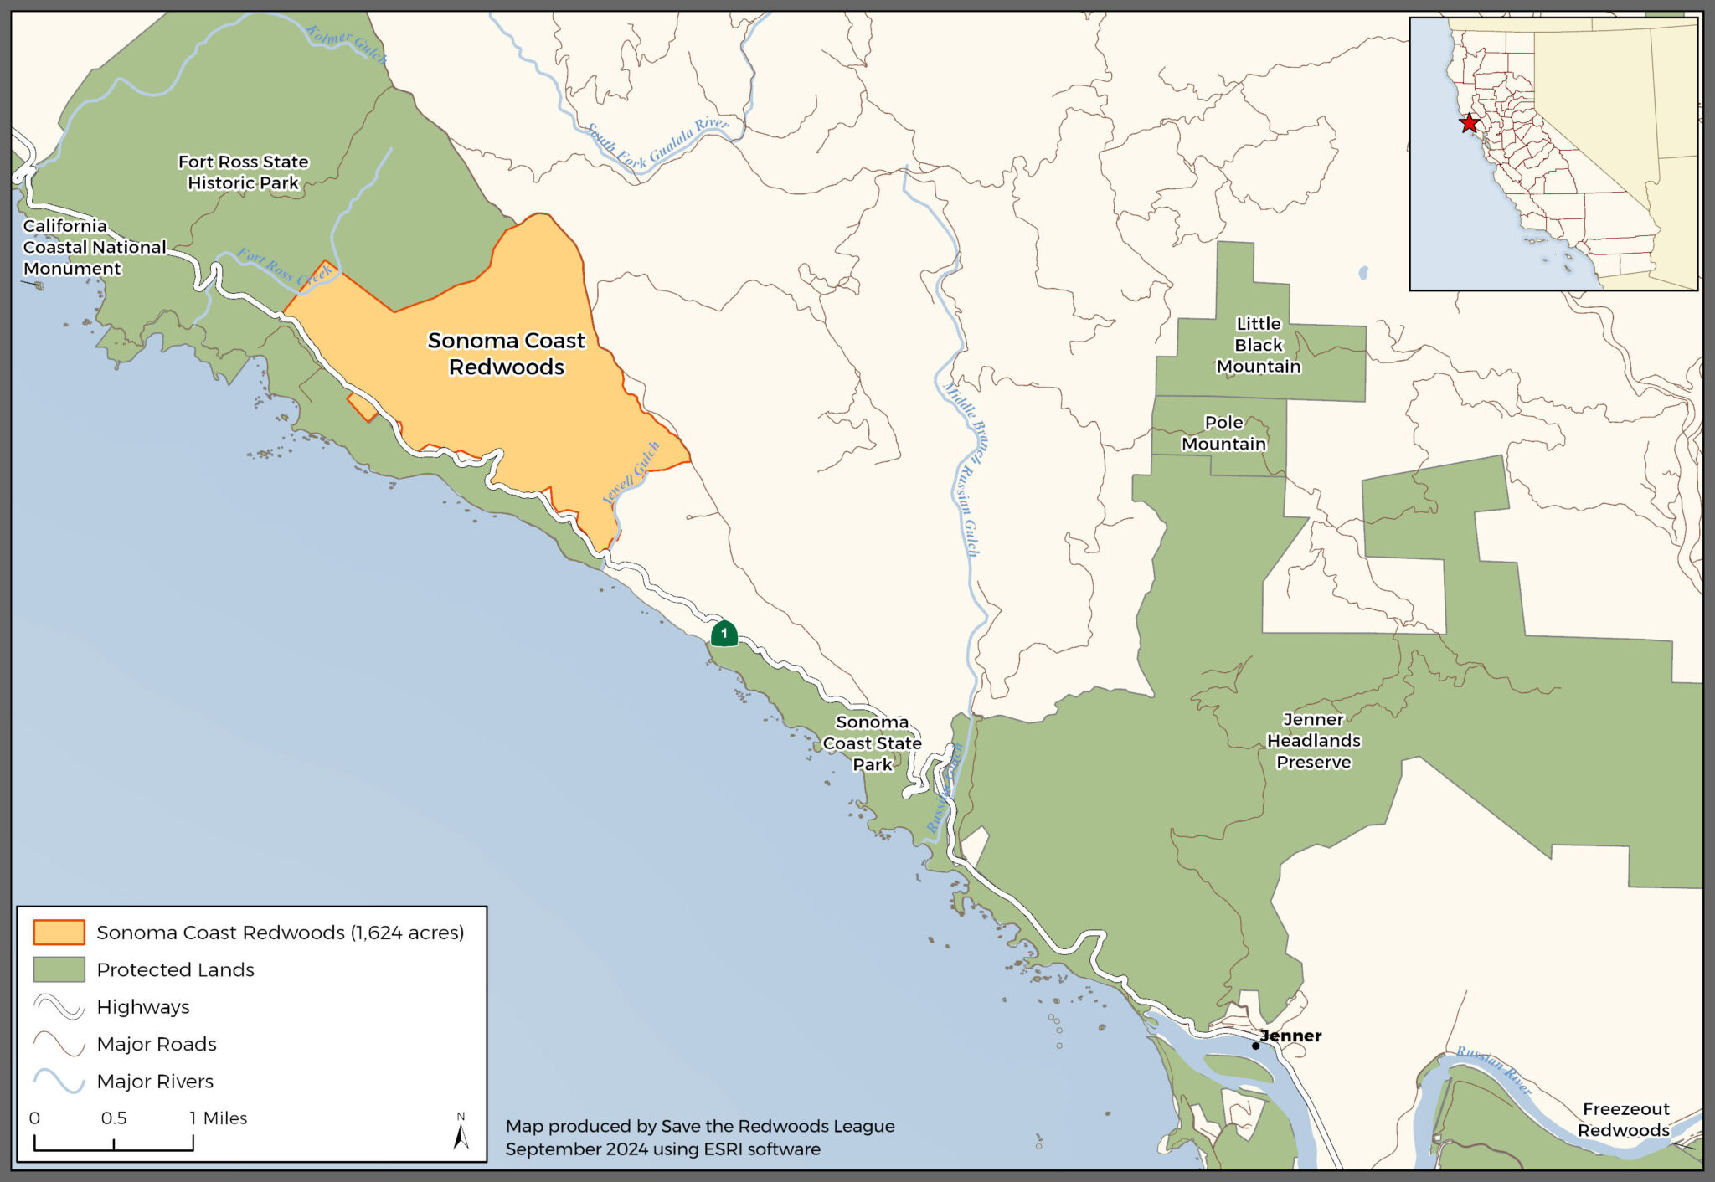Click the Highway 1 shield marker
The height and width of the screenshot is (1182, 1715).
point(724,634)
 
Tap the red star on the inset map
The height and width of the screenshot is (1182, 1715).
point(1469,123)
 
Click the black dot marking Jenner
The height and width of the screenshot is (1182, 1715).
point(1255,1046)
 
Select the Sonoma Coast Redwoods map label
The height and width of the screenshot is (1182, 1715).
point(506,353)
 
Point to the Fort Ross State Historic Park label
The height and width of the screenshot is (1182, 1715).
point(243,172)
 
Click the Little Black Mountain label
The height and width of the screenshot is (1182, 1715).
point(1259,345)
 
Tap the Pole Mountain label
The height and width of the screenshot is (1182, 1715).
point(1223,433)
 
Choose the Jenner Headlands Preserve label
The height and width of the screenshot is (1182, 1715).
point(1313,741)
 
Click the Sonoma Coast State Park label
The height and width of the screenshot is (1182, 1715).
point(872,743)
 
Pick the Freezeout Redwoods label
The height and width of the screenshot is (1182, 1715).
point(1624,1119)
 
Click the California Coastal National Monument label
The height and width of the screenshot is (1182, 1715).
point(94,247)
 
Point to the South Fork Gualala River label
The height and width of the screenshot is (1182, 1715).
point(657,144)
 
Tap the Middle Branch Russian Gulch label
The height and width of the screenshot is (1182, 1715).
point(965,469)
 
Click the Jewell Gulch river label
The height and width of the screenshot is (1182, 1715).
point(631,474)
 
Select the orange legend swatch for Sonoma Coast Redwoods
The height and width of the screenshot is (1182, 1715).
point(59,933)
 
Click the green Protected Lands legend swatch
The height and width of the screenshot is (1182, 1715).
point(59,969)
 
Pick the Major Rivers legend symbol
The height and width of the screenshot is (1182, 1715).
point(59,1081)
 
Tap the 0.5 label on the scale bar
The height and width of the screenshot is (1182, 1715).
point(114,1118)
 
